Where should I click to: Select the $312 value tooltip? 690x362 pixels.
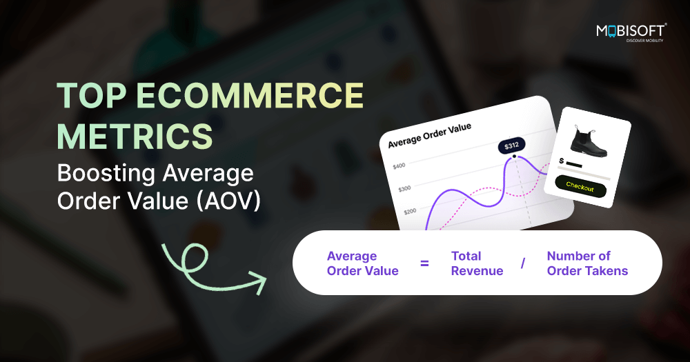pos(511,145)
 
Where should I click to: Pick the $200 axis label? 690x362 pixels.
pos(410,211)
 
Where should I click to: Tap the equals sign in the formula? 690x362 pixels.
pos(424,263)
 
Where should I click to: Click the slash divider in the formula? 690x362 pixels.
pos(523,263)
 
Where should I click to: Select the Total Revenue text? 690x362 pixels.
pos(477,263)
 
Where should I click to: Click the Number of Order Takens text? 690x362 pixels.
pos(587,263)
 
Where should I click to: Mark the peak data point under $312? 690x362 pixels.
pos(514,157)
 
